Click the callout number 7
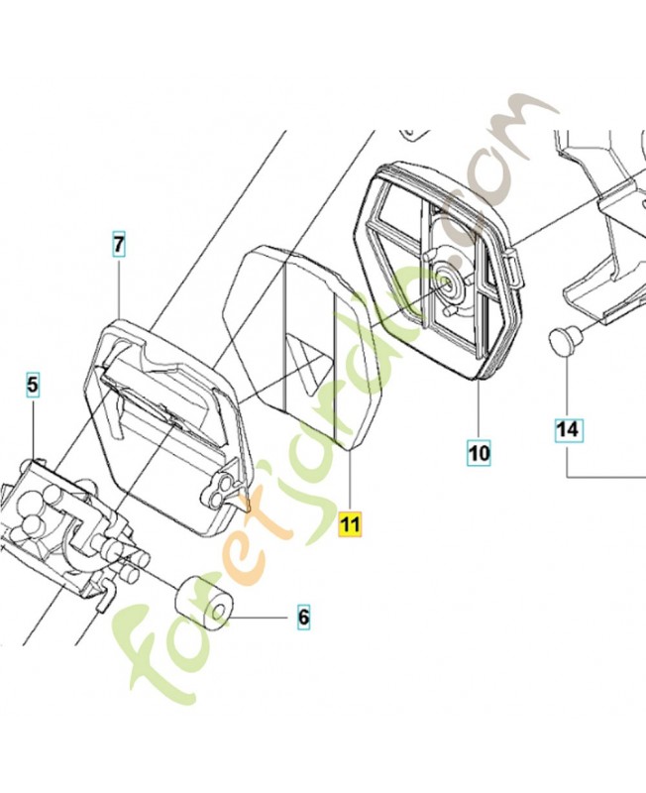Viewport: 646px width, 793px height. [x=118, y=245]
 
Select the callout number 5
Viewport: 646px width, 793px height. [x=33, y=385]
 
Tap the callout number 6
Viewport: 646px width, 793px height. [x=303, y=617]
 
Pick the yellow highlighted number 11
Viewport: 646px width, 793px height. [x=350, y=524]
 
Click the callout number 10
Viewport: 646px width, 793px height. [x=479, y=452]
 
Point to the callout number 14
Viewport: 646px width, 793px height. [x=567, y=429]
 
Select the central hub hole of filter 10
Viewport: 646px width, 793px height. [x=446, y=282]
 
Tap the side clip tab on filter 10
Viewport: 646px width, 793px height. [x=516, y=270]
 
